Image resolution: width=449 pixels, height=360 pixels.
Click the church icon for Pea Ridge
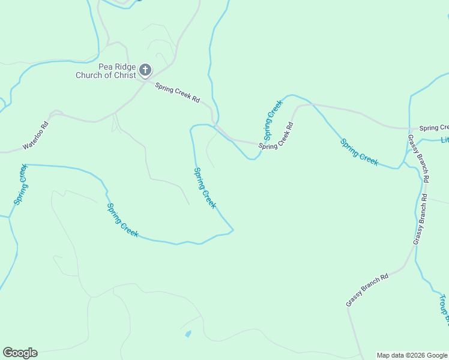pos(145,70)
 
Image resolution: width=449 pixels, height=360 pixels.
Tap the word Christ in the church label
pos(124,75)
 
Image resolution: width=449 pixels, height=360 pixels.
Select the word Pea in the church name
pos(106,67)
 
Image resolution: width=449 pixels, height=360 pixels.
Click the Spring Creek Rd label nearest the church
pos(177,94)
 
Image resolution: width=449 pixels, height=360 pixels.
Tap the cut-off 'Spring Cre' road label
pos(433,128)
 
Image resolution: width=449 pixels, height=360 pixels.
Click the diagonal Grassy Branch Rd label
pos(367,290)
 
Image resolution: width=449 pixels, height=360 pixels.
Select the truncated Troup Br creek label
pos(443,310)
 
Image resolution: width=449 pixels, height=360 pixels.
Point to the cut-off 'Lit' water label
pos(445,140)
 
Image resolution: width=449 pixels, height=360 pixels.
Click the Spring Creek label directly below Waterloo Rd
pos(20,184)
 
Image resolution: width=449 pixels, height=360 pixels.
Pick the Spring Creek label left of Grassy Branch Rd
pos(359,152)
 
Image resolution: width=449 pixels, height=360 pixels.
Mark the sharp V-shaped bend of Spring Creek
pos(232,230)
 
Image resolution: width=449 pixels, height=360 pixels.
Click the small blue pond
pos(188,334)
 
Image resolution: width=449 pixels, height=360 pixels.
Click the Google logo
pos(20,353)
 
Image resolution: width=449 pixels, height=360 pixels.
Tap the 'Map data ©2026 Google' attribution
pos(411,355)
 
